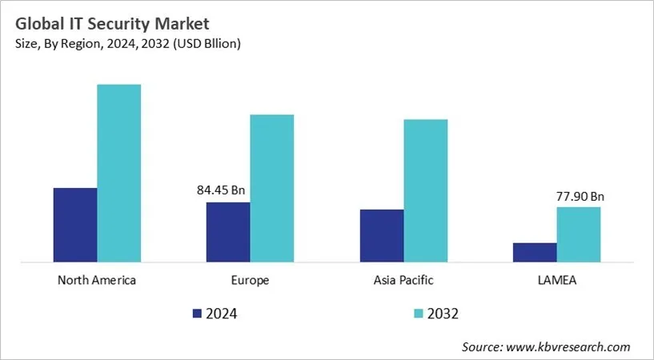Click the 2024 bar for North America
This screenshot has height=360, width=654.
click(x=75, y=225)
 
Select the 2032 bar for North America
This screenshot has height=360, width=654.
click(x=118, y=173)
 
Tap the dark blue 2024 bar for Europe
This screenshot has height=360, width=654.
click(x=228, y=232)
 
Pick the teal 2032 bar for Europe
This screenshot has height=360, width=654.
click(x=271, y=188)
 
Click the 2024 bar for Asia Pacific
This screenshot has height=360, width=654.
click(x=382, y=235)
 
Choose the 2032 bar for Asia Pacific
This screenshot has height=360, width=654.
click(x=425, y=190)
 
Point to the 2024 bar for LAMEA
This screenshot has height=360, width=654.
click(x=534, y=252)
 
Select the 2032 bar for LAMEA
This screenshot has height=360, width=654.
click(x=578, y=234)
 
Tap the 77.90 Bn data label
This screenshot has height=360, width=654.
click(x=580, y=195)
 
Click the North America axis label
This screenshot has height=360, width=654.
click(x=97, y=281)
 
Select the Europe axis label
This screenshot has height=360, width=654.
click(x=250, y=281)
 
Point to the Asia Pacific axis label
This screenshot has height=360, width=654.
click(x=403, y=281)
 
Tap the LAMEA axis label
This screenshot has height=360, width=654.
click(x=556, y=281)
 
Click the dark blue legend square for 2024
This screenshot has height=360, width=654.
click(x=198, y=313)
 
